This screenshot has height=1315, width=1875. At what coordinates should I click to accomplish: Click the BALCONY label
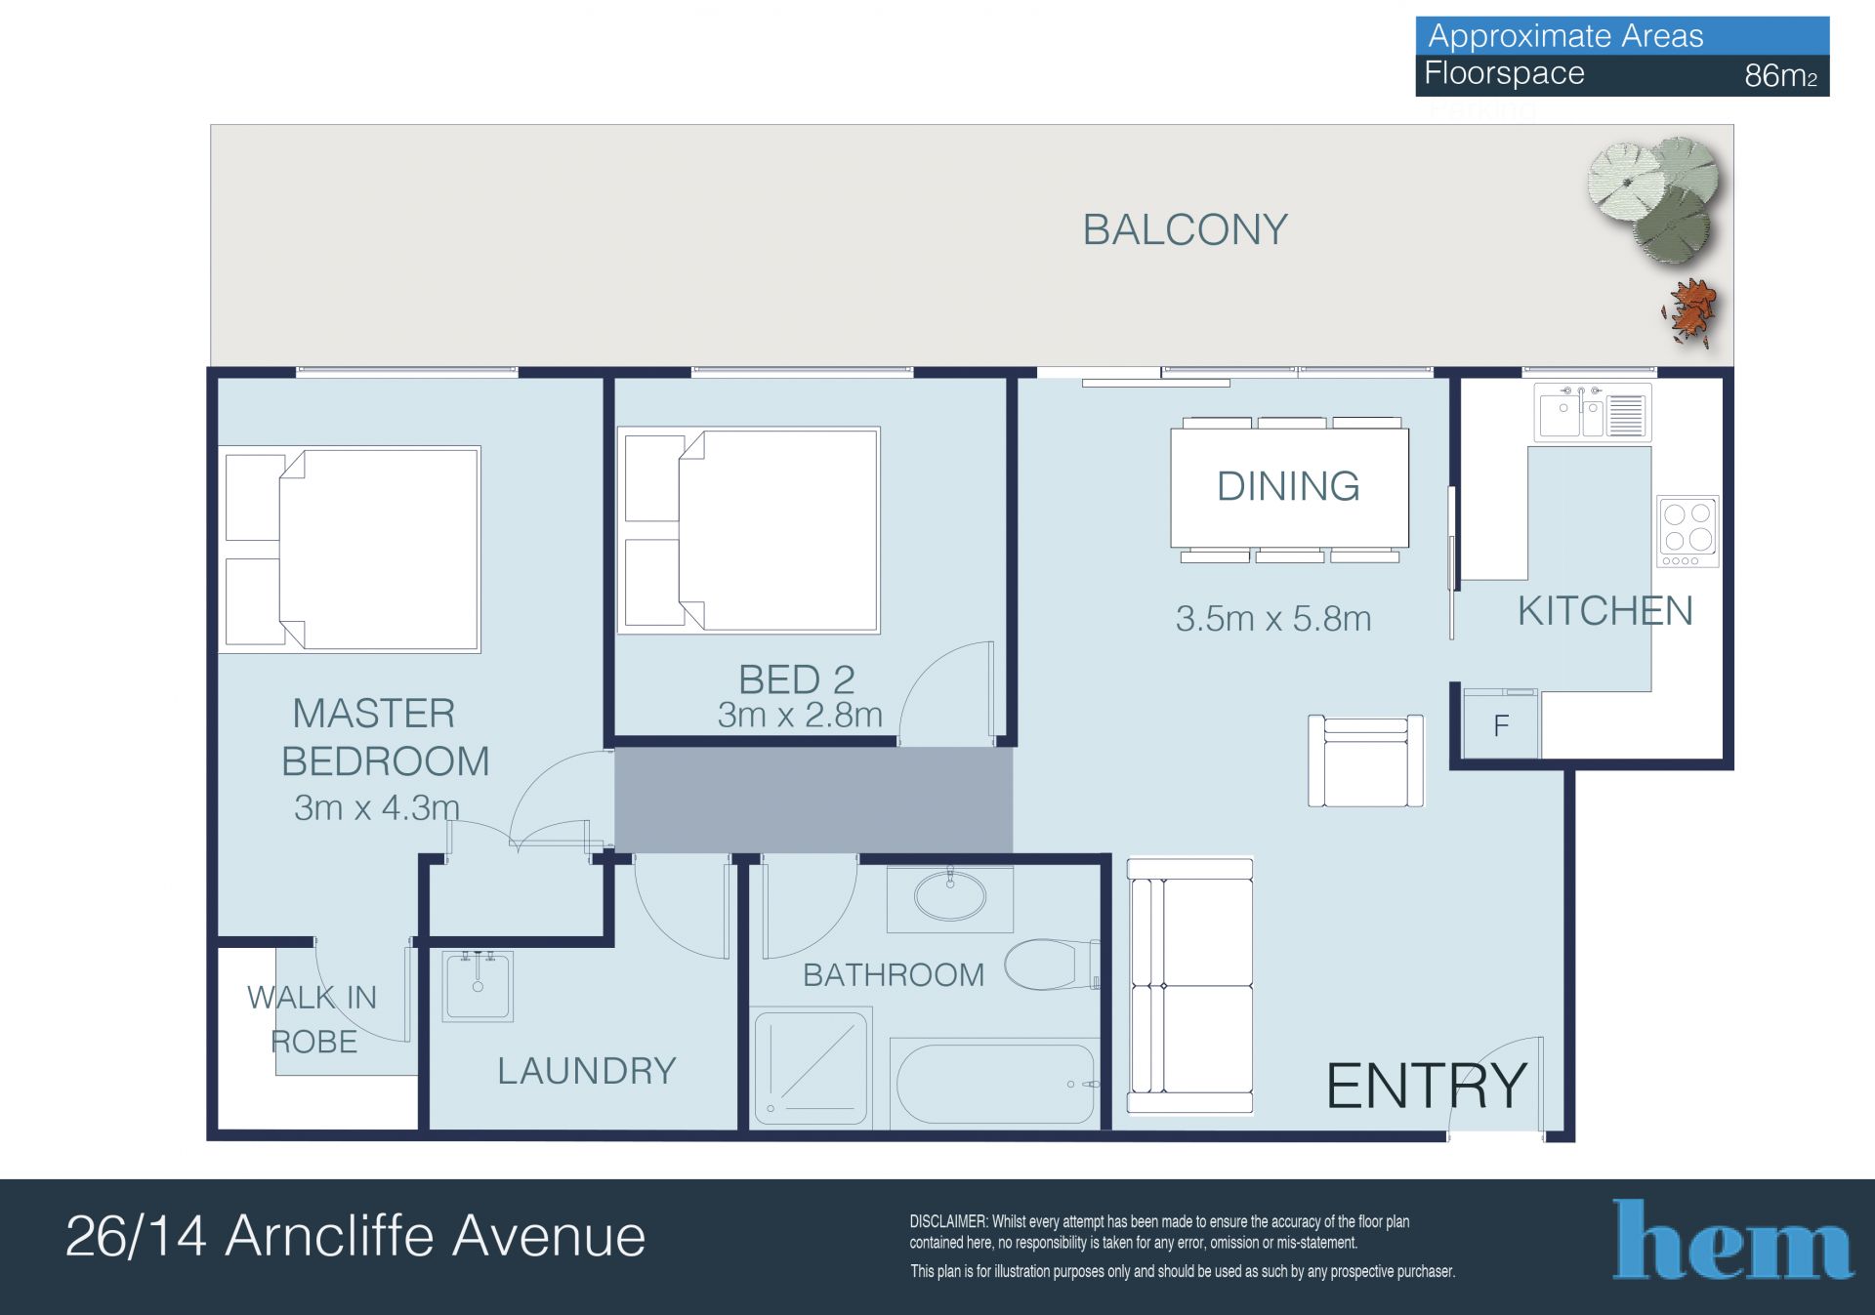(x=1185, y=230)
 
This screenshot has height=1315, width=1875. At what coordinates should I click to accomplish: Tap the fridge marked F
(x=1501, y=723)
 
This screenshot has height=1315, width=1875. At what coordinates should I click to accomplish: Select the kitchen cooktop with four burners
(x=1687, y=531)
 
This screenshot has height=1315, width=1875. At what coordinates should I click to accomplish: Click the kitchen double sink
(x=1592, y=413)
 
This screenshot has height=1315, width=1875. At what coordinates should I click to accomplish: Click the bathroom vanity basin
(x=950, y=896)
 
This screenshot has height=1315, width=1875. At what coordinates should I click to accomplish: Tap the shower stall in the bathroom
(x=811, y=1068)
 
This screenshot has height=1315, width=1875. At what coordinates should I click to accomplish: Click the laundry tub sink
(x=478, y=986)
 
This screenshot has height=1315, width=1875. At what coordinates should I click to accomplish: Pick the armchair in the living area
(x=1365, y=760)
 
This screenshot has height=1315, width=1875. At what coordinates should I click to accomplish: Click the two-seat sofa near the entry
(x=1190, y=986)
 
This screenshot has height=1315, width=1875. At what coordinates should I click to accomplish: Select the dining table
(x=1289, y=489)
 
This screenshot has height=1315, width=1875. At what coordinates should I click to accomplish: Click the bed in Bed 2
(x=749, y=530)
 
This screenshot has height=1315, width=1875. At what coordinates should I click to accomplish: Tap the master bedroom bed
(x=350, y=550)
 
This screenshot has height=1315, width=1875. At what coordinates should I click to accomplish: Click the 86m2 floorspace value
(x=1781, y=75)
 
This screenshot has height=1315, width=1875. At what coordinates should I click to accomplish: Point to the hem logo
(x=1733, y=1239)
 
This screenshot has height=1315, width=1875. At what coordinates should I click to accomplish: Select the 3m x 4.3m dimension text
(x=376, y=807)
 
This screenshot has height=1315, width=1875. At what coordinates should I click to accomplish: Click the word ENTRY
(x=1426, y=1086)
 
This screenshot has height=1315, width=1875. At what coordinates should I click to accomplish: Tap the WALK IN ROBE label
(x=312, y=1019)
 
